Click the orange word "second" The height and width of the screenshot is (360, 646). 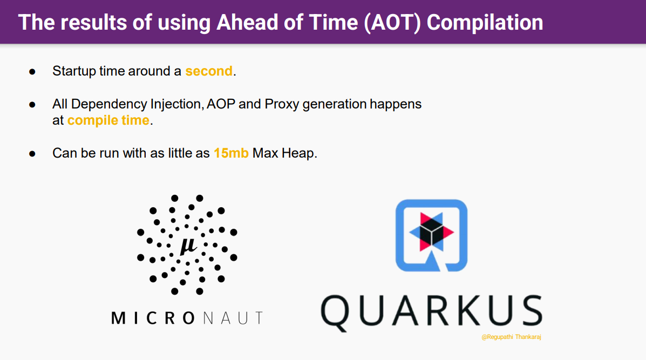pos(209,71)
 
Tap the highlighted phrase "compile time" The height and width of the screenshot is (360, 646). pos(108,120)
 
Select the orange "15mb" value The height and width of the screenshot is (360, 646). pos(231,153)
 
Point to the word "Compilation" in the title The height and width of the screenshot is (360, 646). pos(485,23)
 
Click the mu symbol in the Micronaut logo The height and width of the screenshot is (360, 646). pos(188,246)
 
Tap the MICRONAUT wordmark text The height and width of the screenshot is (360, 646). pos(187,318)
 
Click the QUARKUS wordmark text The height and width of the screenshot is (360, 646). pos(431,311)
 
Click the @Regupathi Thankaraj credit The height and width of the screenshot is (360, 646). pos(511,337)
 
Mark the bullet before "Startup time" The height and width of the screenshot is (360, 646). pos(32,72)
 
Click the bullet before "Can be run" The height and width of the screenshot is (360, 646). pos(32,154)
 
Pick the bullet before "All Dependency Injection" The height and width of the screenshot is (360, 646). pos(32,105)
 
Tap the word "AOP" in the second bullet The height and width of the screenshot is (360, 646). pos(221,104)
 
